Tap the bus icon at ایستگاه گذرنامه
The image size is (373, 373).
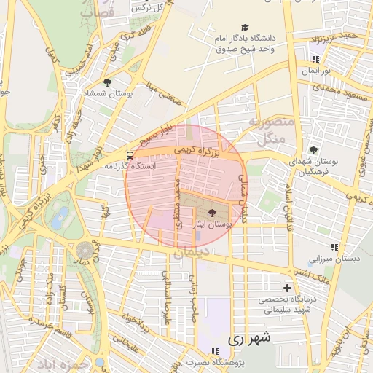click(x=130, y=155)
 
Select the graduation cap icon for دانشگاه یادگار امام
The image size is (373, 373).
click(x=244, y=27)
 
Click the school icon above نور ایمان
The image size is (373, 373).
click(x=315, y=60)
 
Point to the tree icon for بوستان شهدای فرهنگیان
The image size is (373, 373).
click(x=314, y=149)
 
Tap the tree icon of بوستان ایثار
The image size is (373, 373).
click(x=212, y=213)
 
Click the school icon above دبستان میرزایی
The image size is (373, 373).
click(x=334, y=247)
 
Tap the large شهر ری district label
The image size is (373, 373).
click(x=248, y=339)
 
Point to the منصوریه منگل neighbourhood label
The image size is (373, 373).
click(x=270, y=129)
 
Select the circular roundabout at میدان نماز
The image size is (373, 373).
click(x=85, y=250)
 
